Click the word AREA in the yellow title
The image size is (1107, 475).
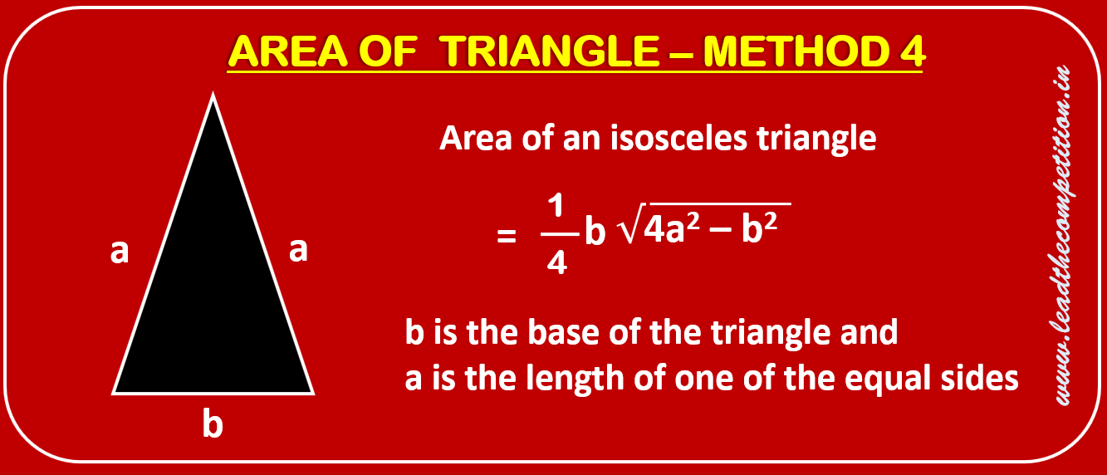(287, 51)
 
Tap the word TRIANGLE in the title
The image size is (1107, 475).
(549, 51)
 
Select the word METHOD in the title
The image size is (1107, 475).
(796, 51)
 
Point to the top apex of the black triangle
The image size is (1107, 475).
(213, 94)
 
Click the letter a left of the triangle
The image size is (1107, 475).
(120, 252)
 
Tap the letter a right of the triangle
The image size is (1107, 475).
(298, 250)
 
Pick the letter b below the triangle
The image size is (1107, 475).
(213, 424)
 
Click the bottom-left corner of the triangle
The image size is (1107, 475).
(114, 394)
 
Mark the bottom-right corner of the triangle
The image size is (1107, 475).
(313, 394)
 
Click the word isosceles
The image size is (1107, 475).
(678, 138)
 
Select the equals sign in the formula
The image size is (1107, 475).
(507, 236)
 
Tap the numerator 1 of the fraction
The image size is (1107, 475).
(556, 206)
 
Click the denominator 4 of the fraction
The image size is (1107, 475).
(557, 262)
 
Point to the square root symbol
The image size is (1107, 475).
(630, 223)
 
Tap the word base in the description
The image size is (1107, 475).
(564, 332)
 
